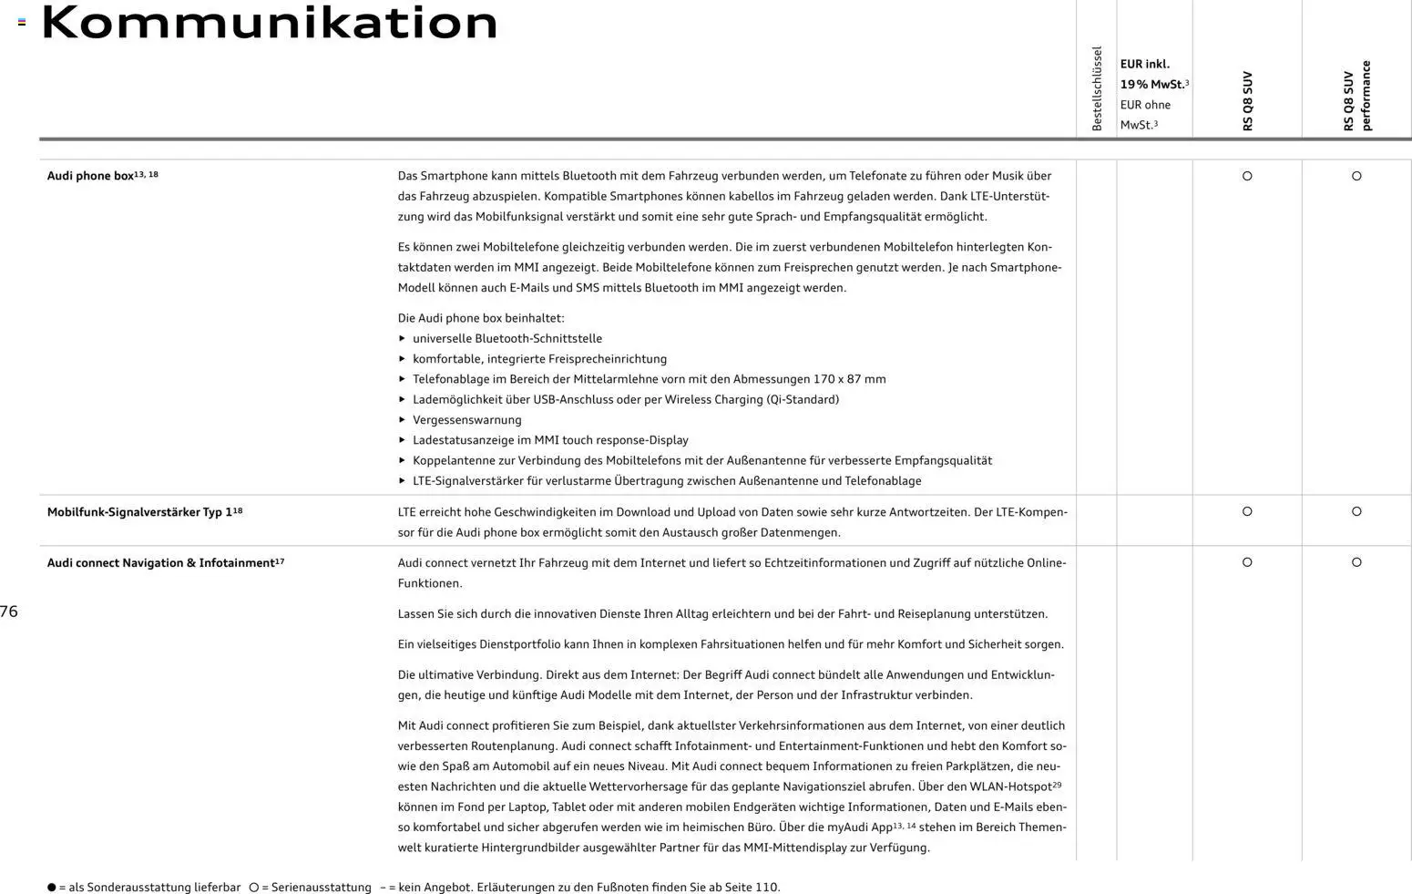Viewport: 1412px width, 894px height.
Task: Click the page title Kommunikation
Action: (270, 23)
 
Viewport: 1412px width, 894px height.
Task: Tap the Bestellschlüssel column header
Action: (1097, 88)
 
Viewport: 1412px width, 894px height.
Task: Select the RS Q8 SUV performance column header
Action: (1356, 96)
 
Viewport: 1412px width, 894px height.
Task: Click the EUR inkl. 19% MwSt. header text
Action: (1153, 75)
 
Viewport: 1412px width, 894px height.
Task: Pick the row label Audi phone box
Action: (90, 176)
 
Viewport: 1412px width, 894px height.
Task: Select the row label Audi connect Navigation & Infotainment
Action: (160, 563)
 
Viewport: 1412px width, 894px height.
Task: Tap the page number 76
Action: (9, 611)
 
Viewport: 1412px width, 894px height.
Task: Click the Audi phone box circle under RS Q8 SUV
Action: (1247, 176)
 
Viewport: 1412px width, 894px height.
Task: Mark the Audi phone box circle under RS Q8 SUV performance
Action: (1356, 176)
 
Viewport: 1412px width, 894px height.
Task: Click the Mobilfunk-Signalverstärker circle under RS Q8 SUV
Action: (1247, 511)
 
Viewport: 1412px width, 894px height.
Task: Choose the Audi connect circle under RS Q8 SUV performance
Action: (1356, 562)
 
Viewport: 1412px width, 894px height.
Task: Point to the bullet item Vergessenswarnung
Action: (466, 420)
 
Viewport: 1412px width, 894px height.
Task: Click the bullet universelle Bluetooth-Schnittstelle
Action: (506, 339)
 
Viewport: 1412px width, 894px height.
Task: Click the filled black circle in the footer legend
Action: (52, 887)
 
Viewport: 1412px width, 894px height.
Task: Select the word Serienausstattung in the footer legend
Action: (321, 887)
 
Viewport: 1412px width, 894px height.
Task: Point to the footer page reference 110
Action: (766, 887)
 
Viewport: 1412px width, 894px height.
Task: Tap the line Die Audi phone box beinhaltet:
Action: (481, 318)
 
